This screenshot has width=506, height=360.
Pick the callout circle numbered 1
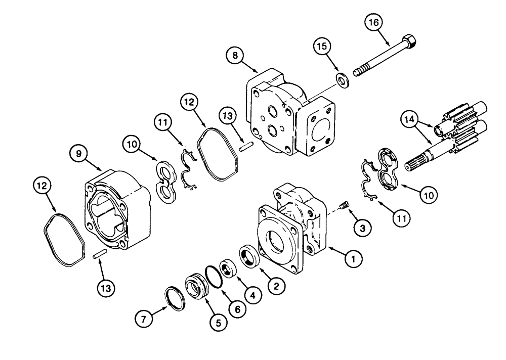tap(354, 259)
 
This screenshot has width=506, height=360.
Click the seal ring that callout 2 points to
tap(248, 255)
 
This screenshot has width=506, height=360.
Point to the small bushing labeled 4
tap(229, 267)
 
